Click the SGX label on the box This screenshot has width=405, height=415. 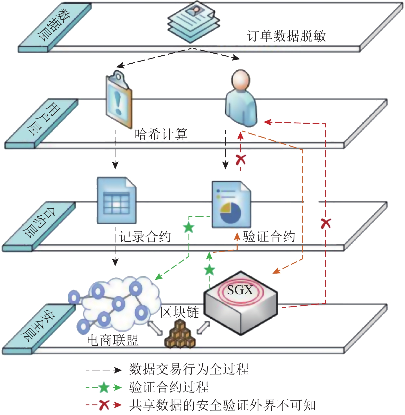click(240, 290)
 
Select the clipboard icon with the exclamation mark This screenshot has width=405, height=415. click(119, 99)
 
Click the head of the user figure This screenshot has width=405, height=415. click(241, 79)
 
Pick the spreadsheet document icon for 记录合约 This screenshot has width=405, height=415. click(116, 200)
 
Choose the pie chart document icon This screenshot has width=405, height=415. click(231, 205)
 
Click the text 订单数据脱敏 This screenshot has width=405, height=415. click(286, 36)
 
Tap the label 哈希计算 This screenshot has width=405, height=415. click(161, 134)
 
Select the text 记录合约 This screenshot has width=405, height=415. click(145, 236)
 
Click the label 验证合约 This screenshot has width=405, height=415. click(269, 236)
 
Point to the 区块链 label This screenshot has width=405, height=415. click(179, 312)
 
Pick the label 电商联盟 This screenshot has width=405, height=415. click(113, 340)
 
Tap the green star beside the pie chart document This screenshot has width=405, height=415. click(188, 227)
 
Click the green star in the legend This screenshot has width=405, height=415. click(104, 387)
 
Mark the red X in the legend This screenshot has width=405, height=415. click(104, 405)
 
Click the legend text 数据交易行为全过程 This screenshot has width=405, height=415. click(189, 369)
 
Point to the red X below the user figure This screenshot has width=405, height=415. click(241, 160)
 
